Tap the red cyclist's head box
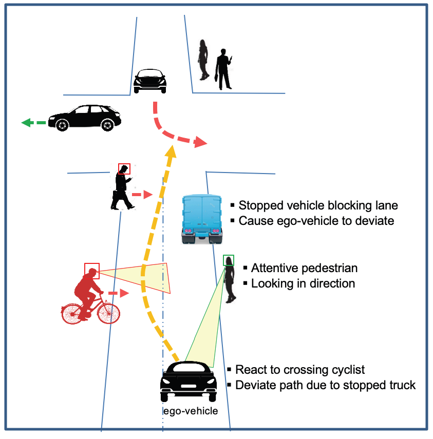point(92,270)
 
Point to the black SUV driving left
point(85,118)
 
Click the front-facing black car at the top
point(150,81)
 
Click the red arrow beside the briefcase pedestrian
point(143,195)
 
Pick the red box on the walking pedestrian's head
point(124,169)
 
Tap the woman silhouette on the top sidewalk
point(204,59)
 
